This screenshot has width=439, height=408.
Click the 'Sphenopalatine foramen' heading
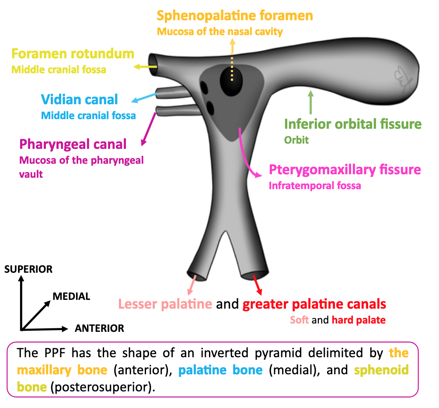pyautogui.click(x=235, y=16)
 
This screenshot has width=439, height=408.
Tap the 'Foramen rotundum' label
pyautogui.click(x=73, y=54)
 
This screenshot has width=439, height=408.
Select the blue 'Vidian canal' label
pyautogui.click(x=80, y=99)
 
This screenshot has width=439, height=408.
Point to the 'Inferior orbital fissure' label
pyautogui.click(x=353, y=124)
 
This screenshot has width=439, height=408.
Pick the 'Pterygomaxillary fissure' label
pyautogui.click(x=345, y=170)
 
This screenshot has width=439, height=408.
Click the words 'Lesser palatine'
pyautogui.click(x=165, y=304)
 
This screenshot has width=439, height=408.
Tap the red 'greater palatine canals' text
pyautogui.click(x=314, y=304)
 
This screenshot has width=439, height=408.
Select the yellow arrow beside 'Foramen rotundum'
pyautogui.click(x=145, y=67)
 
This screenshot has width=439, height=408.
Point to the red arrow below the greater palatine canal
pyautogui.click(x=258, y=286)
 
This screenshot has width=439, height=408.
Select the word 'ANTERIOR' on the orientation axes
pyautogui.click(x=99, y=328)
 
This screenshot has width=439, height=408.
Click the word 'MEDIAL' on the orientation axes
pyautogui.click(x=71, y=296)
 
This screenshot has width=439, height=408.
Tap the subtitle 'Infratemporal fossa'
pyautogui.click(x=315, y=186)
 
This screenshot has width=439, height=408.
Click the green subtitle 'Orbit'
pyautogui.click(x=296, y=140)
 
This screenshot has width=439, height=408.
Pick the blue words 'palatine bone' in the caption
pyautogui.click(x=220, y=370)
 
